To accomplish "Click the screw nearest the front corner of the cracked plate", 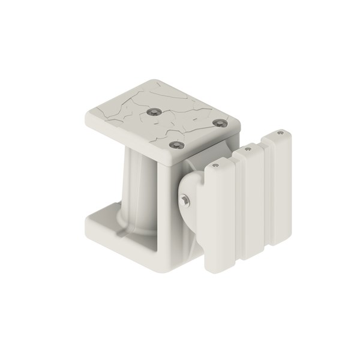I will (x=175, y=145).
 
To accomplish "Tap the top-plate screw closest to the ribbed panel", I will (x=220, y=123).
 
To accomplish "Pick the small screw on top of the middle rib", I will (x=247, y=148).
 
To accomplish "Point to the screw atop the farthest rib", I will (x=280, y=133).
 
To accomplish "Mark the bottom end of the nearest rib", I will (x=216, y=269).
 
